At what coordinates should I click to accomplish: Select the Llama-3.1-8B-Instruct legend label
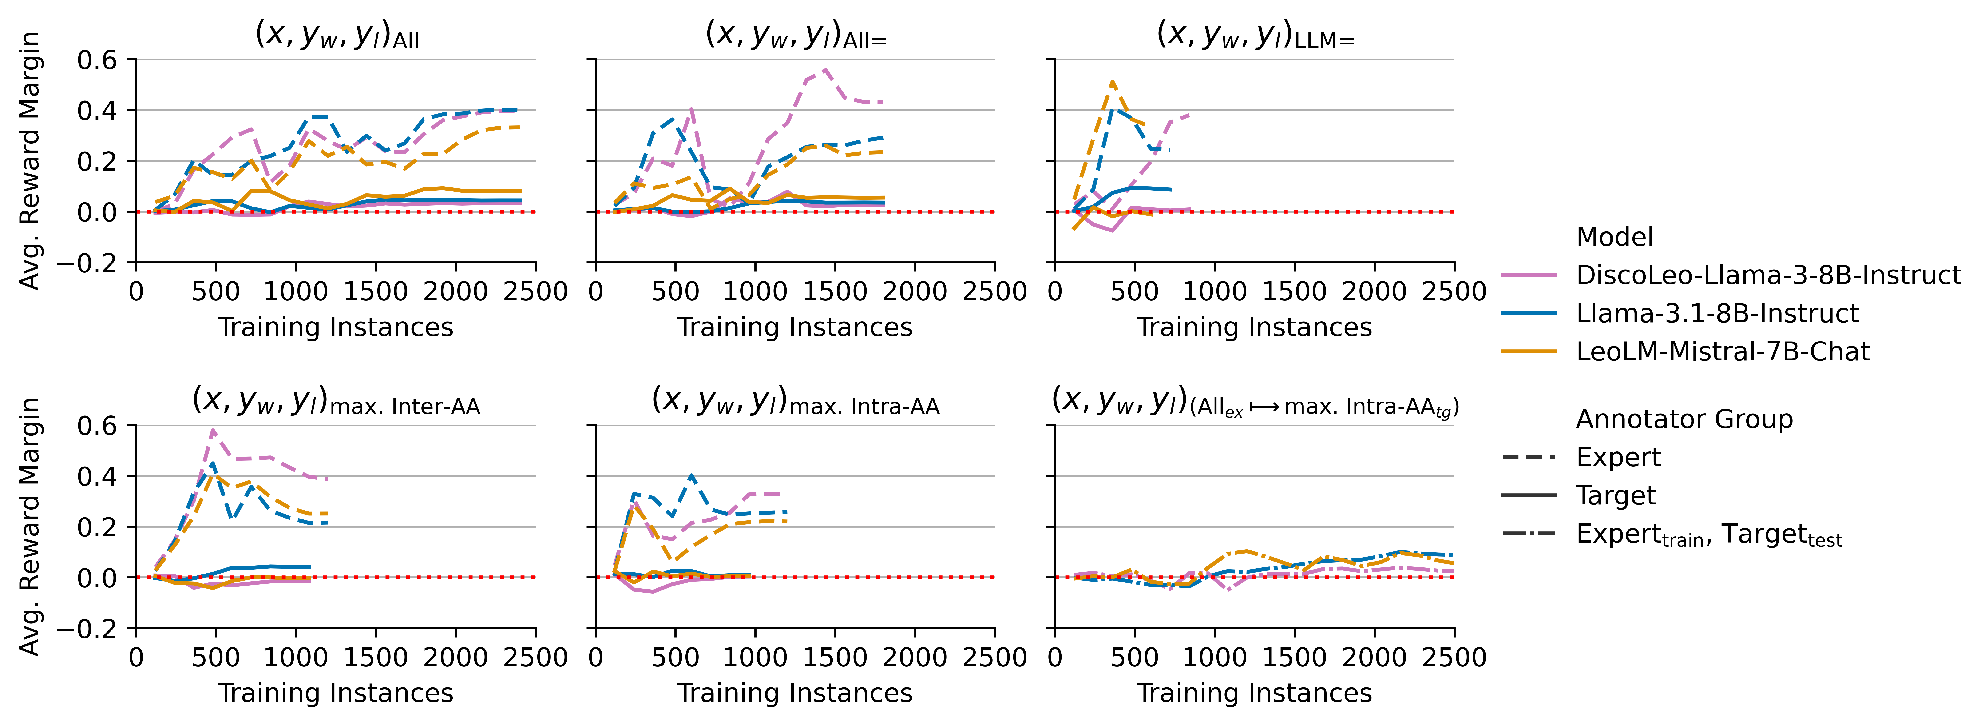(x=1716, y=314)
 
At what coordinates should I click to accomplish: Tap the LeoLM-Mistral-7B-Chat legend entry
(x=1723, y=351)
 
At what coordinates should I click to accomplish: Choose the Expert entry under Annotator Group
(x=1618, y=458)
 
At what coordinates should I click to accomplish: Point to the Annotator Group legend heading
(x=1684, y=419)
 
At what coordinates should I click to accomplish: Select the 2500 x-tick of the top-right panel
(x=1454, y=291)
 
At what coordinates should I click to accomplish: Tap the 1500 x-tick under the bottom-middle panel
(x=835, y=658)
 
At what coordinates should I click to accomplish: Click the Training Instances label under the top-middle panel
(x=795, y=328)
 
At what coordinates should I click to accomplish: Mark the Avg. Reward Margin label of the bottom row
(x=29, y=527)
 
